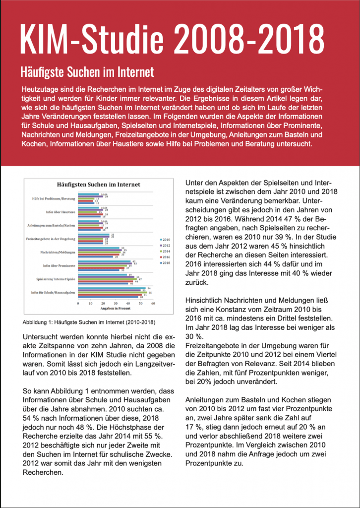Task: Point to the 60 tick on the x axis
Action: click(153, 303)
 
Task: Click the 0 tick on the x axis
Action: click(78, 303)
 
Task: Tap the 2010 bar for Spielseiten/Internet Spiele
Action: click(103, 274)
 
